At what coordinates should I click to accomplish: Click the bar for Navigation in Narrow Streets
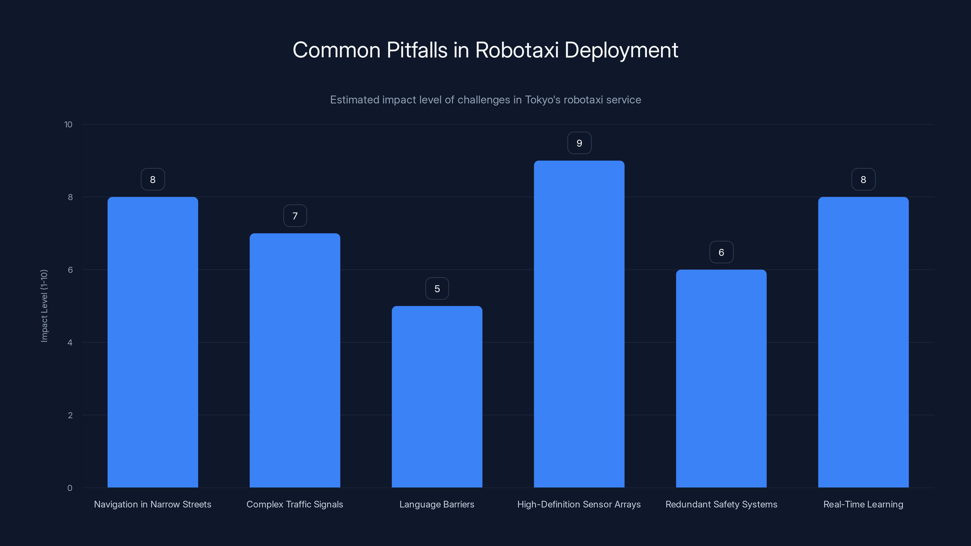(153, 342)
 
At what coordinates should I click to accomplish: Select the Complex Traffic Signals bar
(295, 360)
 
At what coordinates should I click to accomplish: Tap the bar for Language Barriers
(437, 396)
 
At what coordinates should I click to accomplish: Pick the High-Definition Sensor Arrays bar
(579, 324)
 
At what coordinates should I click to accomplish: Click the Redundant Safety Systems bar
(721, 378)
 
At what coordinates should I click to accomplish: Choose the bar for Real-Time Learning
(863, 342)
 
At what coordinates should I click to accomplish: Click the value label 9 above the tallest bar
(579, 143)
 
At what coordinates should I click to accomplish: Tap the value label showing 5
(437, 289)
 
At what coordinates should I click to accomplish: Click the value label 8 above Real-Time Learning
(863, 180)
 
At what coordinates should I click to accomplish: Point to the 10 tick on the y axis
(68, 124)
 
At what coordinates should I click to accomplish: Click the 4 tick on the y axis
(70, 342)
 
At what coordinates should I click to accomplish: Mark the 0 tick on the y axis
(70, 488)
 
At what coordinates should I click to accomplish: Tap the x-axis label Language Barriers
(437, 504)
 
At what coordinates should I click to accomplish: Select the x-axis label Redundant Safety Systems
(721, 504)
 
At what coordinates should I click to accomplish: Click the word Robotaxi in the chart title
(517, 50)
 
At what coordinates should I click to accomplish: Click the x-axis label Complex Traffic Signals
(295, 504)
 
